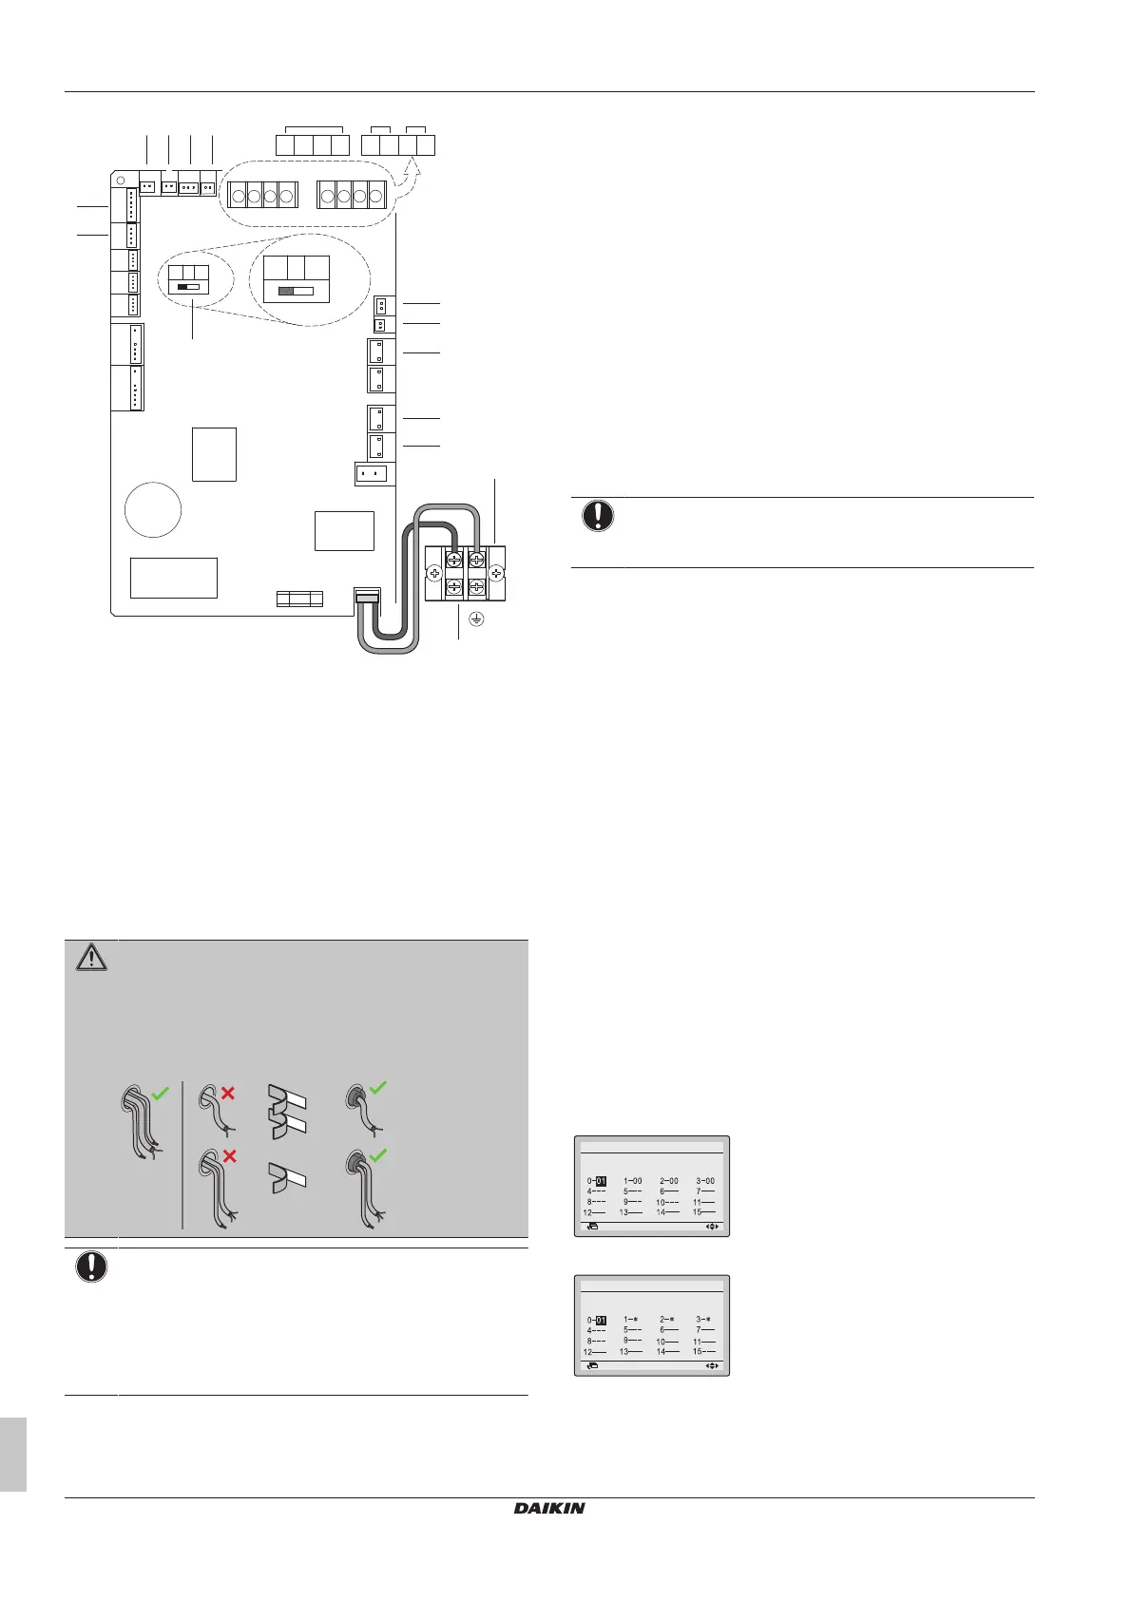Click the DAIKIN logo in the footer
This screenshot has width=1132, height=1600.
[549, 1508]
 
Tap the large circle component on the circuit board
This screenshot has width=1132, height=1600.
[153, 510]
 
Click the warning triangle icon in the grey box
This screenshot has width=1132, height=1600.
[91, 959]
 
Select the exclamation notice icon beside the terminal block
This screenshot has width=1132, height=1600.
[597, 516]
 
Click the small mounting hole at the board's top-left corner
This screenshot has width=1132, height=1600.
[122, 181]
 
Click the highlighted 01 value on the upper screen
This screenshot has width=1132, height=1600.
[601, 1181]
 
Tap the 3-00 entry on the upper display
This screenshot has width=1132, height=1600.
[704, 1181]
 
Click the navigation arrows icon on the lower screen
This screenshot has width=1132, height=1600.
[712, 1366]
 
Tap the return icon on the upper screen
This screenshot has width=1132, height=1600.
[593, 1227]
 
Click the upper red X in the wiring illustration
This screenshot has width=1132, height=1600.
[228, 1094]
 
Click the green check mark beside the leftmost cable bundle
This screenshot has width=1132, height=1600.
[160, 1094]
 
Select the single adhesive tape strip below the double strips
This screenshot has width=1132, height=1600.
[286, 1178]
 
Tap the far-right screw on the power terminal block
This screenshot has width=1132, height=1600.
[497, 574]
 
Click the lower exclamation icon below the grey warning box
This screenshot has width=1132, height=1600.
[91, 1267]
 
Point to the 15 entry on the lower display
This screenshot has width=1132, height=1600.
[703, 1351]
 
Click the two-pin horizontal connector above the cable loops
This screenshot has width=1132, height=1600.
[371, 474]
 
